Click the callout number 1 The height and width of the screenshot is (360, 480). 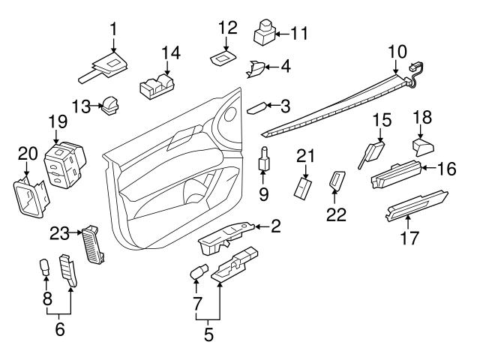tap(113, 29)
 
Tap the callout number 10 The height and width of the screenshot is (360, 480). tap(397, 52)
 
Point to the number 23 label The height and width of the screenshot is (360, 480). tap(59, 232)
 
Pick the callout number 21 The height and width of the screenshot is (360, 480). tap(304, 155)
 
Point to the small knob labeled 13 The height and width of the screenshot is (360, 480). tap(112, 106)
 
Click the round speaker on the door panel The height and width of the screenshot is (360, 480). tap(229, 112)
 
